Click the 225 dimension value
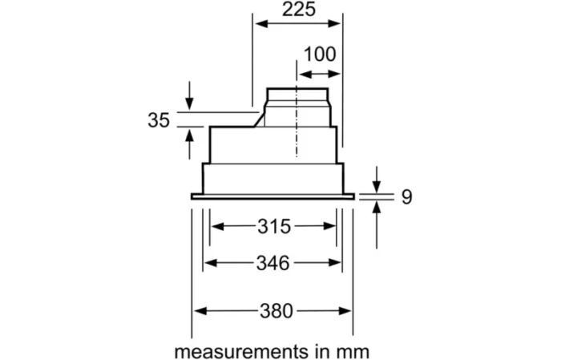coord(299,10)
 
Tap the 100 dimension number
coord(320,55)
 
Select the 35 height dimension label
coord(159,120)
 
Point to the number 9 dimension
coord(407,196)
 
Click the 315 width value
coord(274,227)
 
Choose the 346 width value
coord(273,263)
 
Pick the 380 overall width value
coord(276,311)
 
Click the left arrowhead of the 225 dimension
coord(261,24)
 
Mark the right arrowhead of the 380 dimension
coord(345,311)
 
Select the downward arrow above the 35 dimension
coord(189,95)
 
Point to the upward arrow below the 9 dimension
coord(377,224)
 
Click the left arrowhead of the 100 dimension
coord(305,74)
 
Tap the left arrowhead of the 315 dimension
coord(217,226)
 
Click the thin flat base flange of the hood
coord(272,196)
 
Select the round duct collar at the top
coord(297,95)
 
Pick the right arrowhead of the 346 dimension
coord(334,263)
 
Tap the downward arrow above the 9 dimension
coord(377,180)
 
